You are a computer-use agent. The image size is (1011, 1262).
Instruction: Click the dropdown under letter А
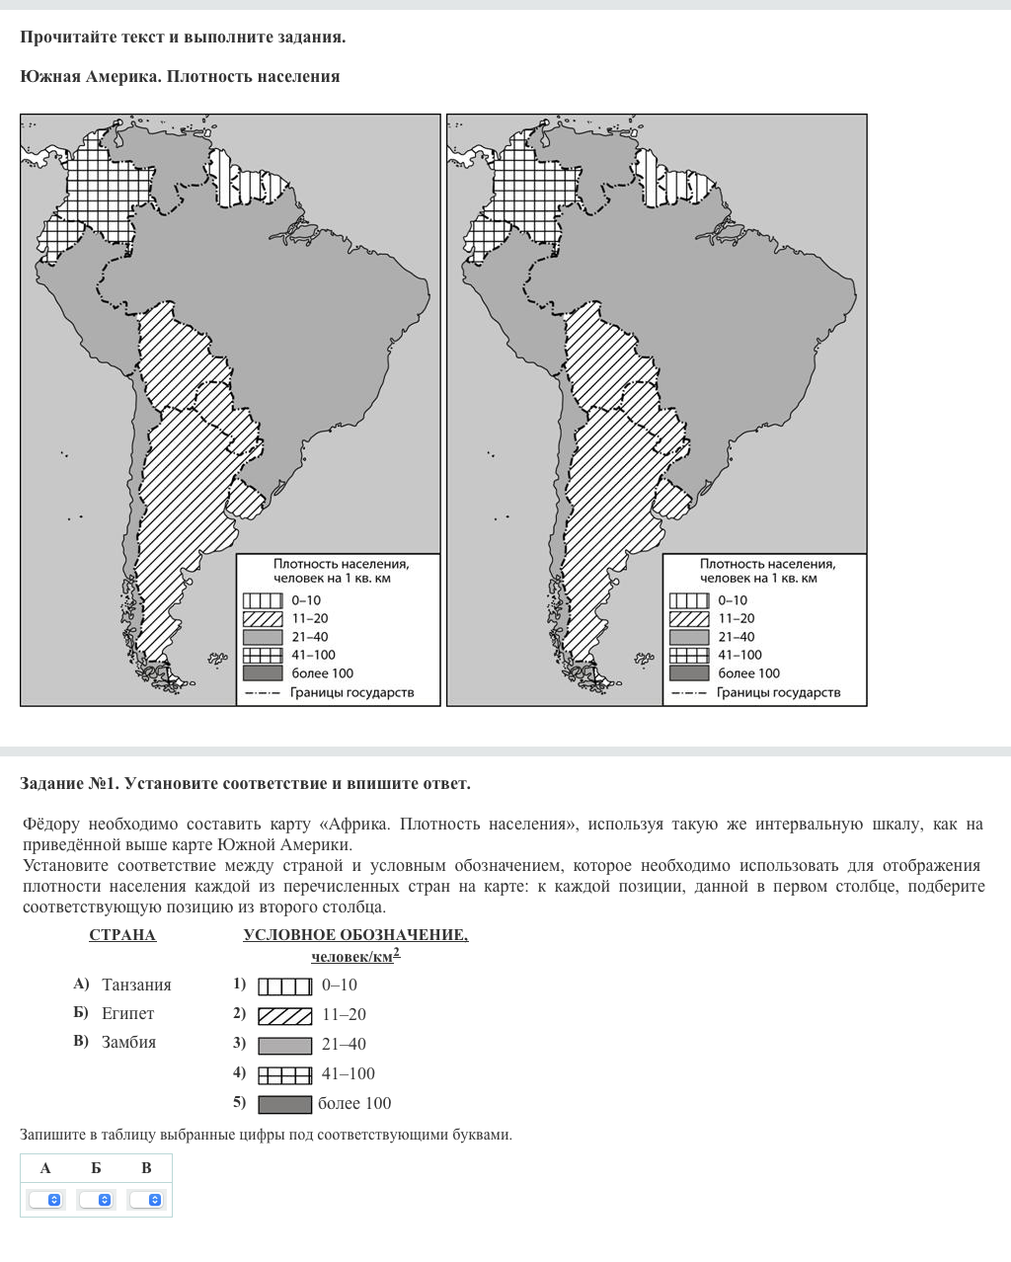[45, 1200]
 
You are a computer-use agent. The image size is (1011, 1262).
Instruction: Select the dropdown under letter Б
[96, 1200]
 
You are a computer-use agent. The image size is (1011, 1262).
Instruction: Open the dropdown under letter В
[146, 1200]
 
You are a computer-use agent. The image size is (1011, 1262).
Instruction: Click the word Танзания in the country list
[136, 985]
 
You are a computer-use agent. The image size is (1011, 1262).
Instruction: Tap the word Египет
[127, 1013]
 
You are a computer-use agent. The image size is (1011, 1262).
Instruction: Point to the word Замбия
[128, 1042]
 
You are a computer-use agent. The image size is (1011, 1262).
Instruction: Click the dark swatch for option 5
[284, 1104]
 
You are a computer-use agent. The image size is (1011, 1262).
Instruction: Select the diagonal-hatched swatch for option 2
[284, 1015]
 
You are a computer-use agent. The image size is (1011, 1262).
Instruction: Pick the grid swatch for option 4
[284, 1074]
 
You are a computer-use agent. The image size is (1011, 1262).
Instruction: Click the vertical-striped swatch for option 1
[284, 986]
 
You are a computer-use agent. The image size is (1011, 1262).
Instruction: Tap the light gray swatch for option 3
[284, 1045]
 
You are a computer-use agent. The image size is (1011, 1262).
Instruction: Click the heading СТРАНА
[122, 935]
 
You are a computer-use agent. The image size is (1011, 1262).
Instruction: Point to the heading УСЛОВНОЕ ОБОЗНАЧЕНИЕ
[355, 935]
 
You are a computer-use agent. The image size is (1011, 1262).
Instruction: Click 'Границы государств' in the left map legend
[351, 692]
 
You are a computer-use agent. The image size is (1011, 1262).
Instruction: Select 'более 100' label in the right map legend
[748, 673]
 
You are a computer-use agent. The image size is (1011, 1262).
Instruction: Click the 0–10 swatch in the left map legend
[263, 600]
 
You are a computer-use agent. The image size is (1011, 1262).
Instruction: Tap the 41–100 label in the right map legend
[739, 655]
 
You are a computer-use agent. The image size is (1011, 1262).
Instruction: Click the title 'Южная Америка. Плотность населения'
[180, 77]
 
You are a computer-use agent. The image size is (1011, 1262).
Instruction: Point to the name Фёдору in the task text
[50, 824]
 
